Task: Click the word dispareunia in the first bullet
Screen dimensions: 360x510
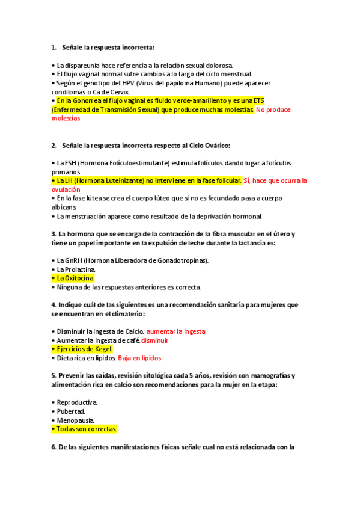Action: click(x=82, y=65)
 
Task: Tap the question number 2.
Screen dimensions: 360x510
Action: click(x=54, y=145)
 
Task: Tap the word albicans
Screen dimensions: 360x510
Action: click(x=64, y=207)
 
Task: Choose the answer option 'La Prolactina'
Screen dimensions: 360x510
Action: click(x=75, y=269)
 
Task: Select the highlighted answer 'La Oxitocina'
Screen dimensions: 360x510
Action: click(x=75, y=278)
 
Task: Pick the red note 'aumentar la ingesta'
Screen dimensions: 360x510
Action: click(x=176, y=331)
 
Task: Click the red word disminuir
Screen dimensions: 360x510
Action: click(x=154, y=340)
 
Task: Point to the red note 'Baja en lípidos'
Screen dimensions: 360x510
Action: click(x=139, y=358)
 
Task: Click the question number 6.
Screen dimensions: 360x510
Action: click(x=54, y=447)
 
